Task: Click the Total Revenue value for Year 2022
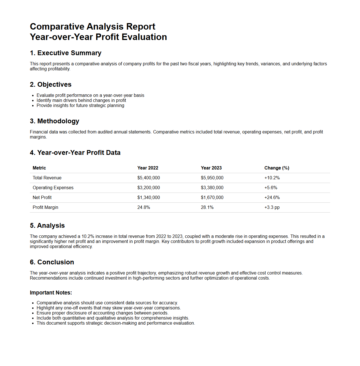tap(148, 178)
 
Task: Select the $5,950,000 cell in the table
tap(212, 178)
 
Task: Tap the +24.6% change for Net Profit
tap(272, 198)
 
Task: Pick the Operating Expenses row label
tap(53, 188)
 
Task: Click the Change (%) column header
tap(277, 168)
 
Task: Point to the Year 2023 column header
tap(211, 168)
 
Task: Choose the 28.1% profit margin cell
tap(207, 207)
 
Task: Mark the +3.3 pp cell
tap(272, 207)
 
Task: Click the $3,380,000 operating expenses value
tap(212, 188)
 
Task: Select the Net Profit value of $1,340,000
tap(148, 198)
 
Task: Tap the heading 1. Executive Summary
tap(65, 53)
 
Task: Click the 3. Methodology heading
tap(54, 121)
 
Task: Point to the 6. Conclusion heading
tap(52, 262)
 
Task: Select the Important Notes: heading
tap(51, 293)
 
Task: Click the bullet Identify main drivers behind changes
tap(81, 101)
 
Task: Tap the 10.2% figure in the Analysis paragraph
tap(88, 236)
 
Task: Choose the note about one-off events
tap(108, 308)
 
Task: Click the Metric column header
tap(39, 168)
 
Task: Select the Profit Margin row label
tap(45, 207)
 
